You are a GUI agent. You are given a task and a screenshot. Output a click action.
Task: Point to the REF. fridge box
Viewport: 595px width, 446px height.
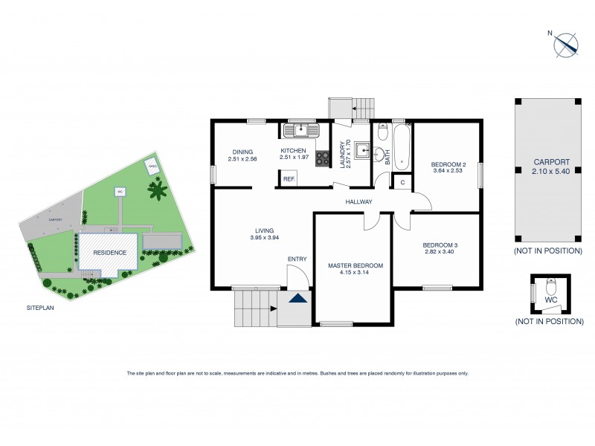pos(288,178)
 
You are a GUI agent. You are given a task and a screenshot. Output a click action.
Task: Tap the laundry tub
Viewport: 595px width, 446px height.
pos(362,150)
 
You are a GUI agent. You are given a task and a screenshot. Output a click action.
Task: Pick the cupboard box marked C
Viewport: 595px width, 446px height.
pos(402,182)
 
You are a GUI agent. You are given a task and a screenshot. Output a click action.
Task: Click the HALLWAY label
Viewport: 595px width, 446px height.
pos(358,202)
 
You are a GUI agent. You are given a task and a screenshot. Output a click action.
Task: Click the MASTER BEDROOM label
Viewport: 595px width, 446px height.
pos(355,265)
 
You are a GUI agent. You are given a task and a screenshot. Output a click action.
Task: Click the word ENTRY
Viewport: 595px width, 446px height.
pos(297,259)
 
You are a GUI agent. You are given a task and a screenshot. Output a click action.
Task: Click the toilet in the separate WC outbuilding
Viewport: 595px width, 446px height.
pos(551,288)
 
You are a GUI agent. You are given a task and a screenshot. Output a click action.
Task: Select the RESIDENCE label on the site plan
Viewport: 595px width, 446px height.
pos(109,252)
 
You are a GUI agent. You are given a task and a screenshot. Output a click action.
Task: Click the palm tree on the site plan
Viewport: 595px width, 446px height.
pos(158,193)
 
